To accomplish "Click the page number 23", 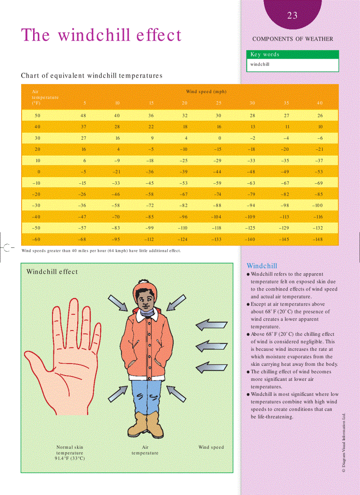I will click(x=292, y=16).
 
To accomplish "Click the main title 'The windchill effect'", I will click(x=101, y=35).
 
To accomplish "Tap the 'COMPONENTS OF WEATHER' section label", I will click(x=292, y=39).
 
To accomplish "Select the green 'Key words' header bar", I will click(x=292, y=55).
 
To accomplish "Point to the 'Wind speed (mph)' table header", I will click(x=206, y=92).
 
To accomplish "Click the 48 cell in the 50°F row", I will click(x=83, y=115).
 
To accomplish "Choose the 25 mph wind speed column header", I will click(x=218, y=103).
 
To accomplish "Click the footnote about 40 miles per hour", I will click(x=101, y=250).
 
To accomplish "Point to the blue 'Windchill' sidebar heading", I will click(x=262, y=266).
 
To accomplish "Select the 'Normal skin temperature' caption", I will click(x=70, y=453).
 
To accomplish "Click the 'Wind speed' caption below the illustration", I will click(x=211, y=447).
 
